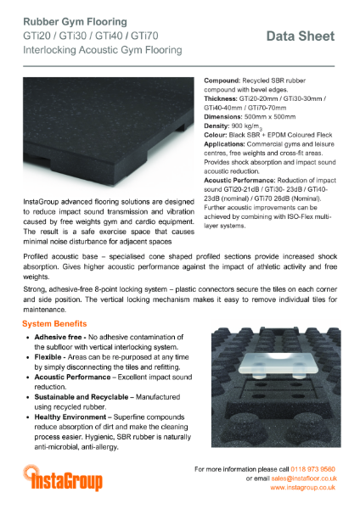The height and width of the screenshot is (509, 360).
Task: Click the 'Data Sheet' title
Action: [x=301, y=36]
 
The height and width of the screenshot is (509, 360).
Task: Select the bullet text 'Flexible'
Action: [x=48, y=359]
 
